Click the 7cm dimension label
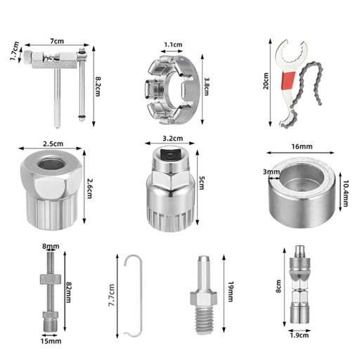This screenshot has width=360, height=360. pos(57,41)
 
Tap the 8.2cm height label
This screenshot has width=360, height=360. pos(97,86)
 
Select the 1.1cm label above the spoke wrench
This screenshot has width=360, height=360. pos(173,44)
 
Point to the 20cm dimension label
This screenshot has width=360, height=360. pos(266,81)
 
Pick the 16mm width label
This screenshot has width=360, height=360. pos(302,146)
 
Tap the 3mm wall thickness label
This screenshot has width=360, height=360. pos(271,172)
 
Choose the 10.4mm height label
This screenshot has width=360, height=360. pos(345,193)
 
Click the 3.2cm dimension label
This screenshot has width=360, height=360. pos(173,139)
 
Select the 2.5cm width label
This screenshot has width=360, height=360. pos(53,143)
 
